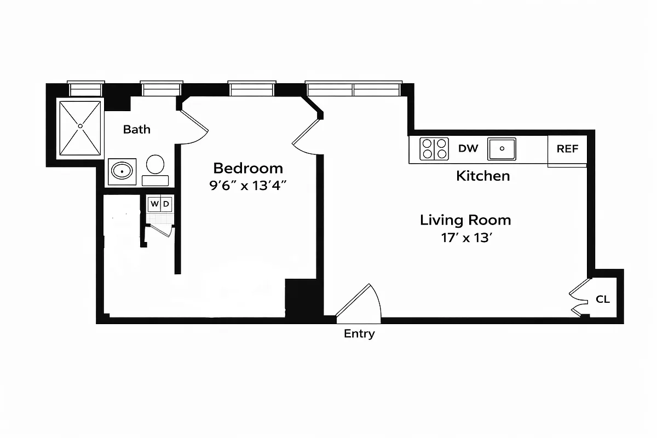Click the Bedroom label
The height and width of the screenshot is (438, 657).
pyautogui.click(x=248, y=168)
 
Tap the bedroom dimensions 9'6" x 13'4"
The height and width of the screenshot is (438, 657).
pyautogui.click(x=248, y=185)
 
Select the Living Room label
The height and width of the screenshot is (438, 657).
pyautogui.click(x=465, y=220)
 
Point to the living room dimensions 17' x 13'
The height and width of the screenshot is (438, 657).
pyautogui.click(x=465, y=238)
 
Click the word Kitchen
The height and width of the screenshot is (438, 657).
pyautogui.click(x=483, y=176)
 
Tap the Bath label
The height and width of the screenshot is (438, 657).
pyautogui.click(x=136, y=130)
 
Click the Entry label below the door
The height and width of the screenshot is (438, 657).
pyautogui.click(x=359, y=333)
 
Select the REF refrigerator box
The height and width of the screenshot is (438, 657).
pyautogui.click(x=567, y=149)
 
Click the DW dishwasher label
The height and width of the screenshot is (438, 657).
pyautogui.click(x=468, y=148)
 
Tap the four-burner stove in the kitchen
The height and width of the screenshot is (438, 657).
pyautogui.click(x=434, y=148)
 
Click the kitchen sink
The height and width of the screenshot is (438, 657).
pyautogui.click(x=502, y=148)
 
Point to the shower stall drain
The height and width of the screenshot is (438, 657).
pyautogui.click(x=80, y=126)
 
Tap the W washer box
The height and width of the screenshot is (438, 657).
pyautogui.click(x=154, y=204)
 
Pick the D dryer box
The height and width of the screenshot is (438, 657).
pyautogui.click(x=166, y=204)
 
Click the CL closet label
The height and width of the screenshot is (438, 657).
pyautogui.click(x=603, y=299)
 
